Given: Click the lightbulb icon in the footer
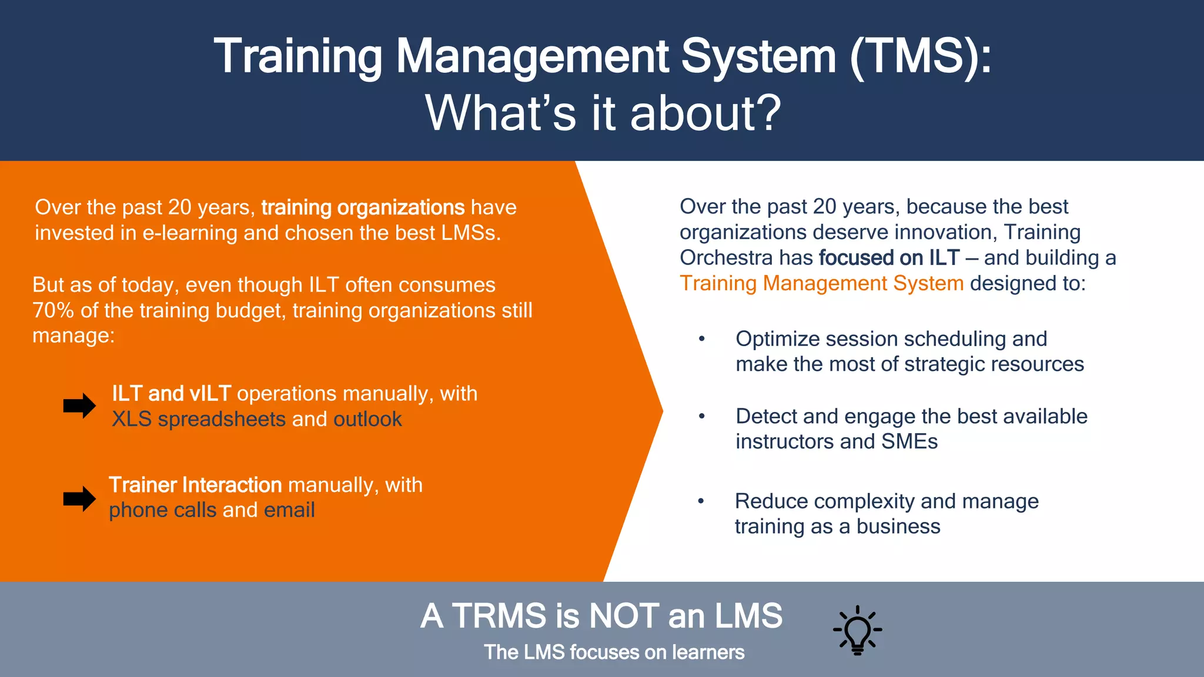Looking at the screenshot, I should (x=857, y=630).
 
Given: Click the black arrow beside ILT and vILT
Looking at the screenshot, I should (x=79, y=405).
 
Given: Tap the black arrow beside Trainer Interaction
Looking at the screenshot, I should (x=79, y=499).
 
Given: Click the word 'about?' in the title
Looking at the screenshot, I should (x=705, y=113).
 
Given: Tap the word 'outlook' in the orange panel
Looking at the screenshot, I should (x=367, y=420).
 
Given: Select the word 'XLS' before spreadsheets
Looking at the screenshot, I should (x=132, y=420).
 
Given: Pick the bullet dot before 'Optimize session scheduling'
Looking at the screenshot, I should (x=701, y=339).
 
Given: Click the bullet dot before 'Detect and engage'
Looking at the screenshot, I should (x=701, y=417).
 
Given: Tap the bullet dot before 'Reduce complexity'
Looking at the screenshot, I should (x=701, y=501).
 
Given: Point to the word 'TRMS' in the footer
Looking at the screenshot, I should (x=499, y=616).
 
